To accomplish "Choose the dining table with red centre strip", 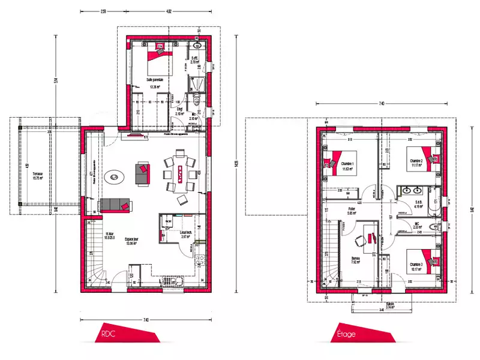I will point(179,175).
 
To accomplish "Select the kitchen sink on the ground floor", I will point(199,261).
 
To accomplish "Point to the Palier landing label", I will point(352,209).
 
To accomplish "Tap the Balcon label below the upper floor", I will point(391,304).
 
